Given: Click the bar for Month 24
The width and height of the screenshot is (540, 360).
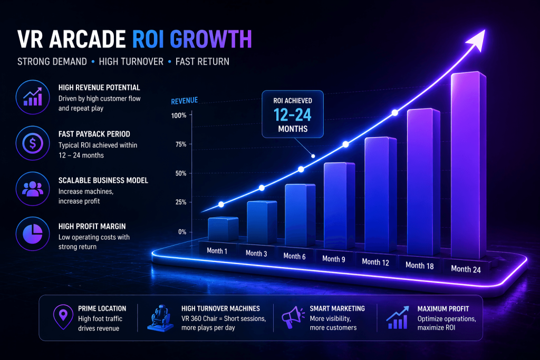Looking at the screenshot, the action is click(468, 165).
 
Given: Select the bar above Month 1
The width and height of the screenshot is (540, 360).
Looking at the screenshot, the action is click(223, 229).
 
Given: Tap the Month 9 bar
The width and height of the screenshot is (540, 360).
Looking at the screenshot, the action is click(339, 206).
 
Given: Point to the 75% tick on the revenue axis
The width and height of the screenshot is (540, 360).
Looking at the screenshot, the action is click(181, 144).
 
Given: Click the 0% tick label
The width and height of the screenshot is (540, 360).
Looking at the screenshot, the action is click(182, 232).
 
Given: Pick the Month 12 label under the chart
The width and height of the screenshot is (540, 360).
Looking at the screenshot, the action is click(375, 262).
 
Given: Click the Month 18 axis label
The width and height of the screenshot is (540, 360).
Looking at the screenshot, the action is click(419, 265).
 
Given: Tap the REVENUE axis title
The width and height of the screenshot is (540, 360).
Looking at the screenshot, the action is click(185, 101).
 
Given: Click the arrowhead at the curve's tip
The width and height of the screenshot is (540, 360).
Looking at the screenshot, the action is click(477, 40).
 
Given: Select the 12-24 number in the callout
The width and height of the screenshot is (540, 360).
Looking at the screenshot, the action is click(292, 115).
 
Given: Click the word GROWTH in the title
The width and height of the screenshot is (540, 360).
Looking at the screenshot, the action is click(211, 39).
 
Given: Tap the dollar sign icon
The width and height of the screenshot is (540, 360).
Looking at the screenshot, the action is click(33, 143).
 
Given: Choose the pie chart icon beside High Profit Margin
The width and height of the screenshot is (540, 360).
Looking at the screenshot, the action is click(33, 234).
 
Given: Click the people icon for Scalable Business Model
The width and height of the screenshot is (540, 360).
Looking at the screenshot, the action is click(33, 189).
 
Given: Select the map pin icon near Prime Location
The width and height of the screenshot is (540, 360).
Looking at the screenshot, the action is click(63, 317).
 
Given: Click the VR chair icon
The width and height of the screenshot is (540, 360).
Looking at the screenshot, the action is click(160, 318).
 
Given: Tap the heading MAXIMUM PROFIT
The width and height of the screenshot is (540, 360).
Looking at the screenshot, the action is click(443, 309).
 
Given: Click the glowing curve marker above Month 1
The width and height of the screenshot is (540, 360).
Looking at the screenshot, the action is click(221, 205).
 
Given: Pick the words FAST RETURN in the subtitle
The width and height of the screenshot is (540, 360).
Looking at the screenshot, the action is click(202, 62).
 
